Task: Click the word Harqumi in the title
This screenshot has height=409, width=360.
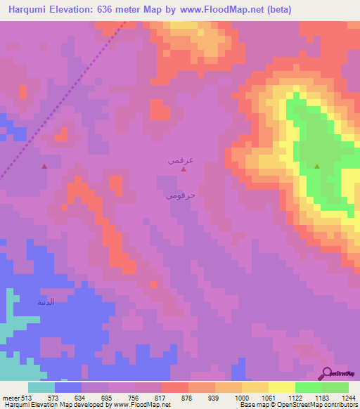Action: coord(31,10)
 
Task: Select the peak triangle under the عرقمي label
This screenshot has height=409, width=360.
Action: coord(184,169)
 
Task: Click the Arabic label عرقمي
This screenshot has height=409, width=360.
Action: coord(180,160)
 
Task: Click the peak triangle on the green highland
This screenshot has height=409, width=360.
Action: coord(316,167)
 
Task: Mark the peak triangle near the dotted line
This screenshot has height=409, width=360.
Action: coord(44,167)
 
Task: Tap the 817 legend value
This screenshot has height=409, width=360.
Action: coord(160,397)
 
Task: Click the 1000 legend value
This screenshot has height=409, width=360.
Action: coord(240,397)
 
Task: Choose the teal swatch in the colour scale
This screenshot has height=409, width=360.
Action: coord(41,387)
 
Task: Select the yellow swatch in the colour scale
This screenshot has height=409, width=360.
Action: coord(282,387)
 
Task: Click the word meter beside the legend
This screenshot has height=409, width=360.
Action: coord(10,397)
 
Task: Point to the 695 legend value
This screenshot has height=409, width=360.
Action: coord(107,397)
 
